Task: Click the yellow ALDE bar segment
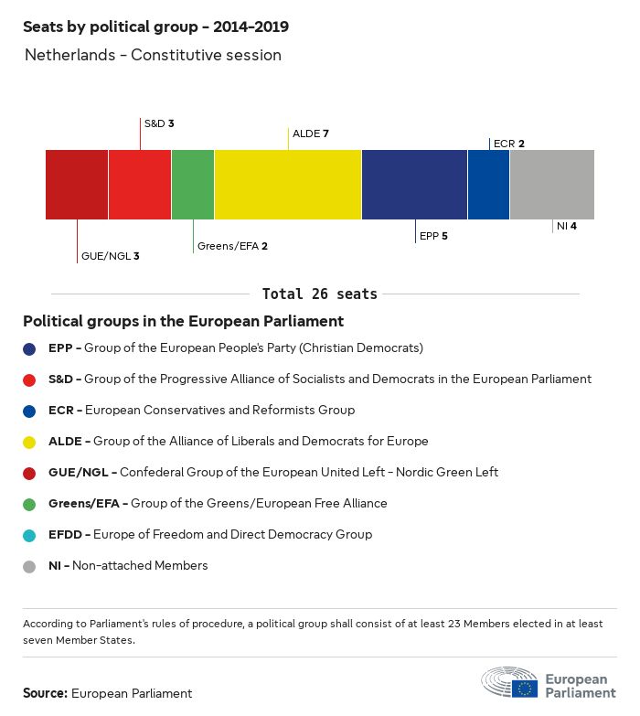[288, 185]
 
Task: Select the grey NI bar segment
[551, 185]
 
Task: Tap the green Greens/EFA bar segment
[193, 185]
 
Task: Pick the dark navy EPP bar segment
[414, 185]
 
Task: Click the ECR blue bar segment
[488, 185]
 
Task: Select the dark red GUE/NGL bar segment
[77, 185]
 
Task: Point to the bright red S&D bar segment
[140, 185]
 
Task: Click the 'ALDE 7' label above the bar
[311, 134]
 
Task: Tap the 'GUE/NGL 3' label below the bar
[110, 256]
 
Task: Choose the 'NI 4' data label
[566, 225]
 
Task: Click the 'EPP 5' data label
[433, 236]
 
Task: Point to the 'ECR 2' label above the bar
[508, 144]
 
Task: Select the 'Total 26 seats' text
[320, 294]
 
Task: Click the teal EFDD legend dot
[30, 535]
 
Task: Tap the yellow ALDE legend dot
[30, 442]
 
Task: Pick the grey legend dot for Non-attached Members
[30, 566]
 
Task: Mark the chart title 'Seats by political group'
[161, 27]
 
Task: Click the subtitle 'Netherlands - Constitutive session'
[153, 55]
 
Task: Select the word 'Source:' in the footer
[45, 693]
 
